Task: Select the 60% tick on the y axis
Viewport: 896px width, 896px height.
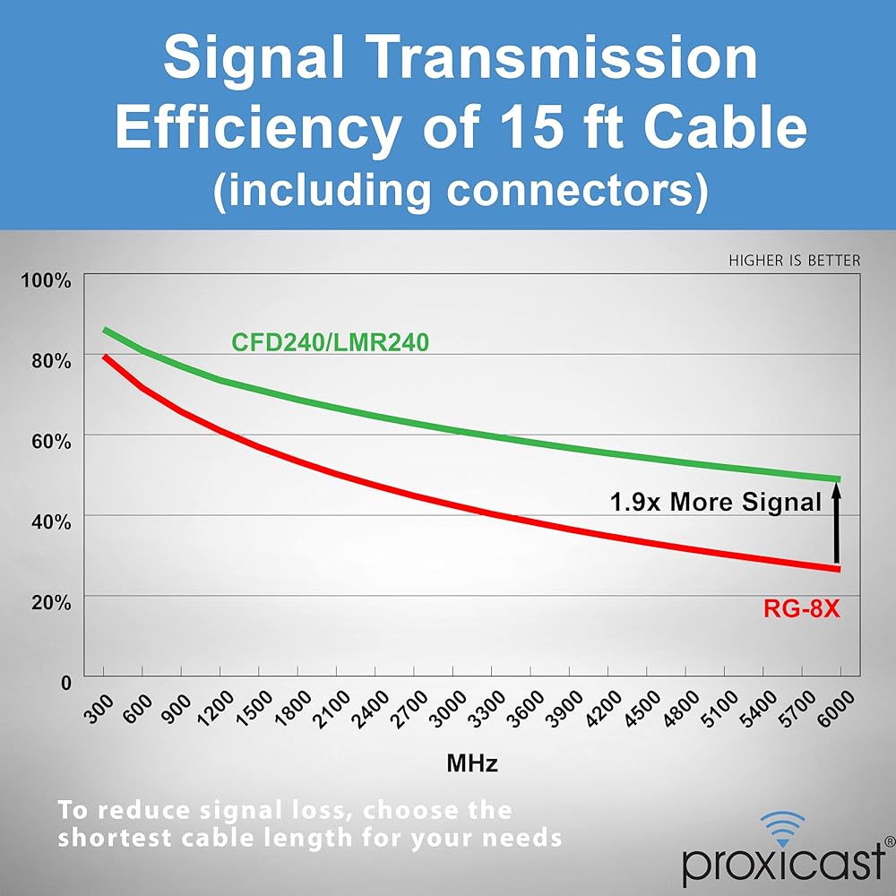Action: [x=51, y=441]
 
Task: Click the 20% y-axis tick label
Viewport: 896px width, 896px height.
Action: [x=51, y=601]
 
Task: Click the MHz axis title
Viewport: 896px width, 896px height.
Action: [x=472, y=764]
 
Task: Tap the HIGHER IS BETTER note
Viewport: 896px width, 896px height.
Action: [x=795, y=261]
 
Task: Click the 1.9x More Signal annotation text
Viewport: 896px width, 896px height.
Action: [x=716, y=503]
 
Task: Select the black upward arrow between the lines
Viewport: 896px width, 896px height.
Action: [x=837, y=523]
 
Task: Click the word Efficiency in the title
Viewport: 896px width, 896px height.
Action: [x=259, y=129]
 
